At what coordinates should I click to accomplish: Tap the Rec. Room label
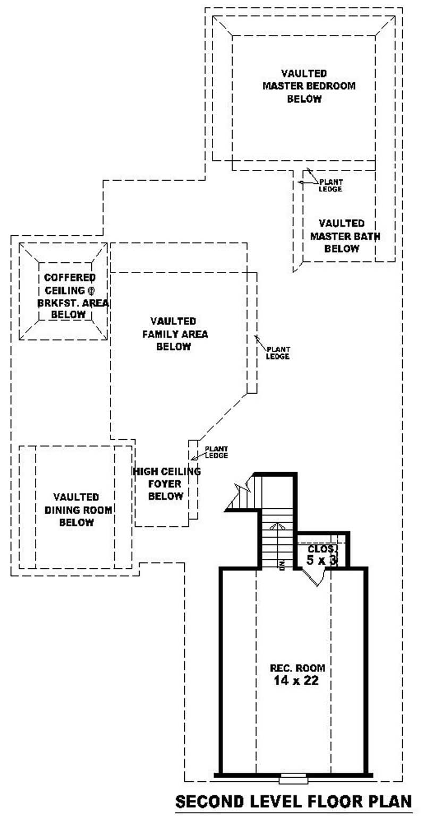297,668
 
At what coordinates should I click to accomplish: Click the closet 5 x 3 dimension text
322,559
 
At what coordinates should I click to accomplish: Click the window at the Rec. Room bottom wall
293,779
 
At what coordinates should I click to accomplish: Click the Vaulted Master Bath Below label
342,236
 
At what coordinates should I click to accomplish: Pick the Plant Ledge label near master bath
330,185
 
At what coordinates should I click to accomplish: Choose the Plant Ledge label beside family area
278,353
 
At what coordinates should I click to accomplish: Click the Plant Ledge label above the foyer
216,453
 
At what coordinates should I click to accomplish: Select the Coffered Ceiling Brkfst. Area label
69,296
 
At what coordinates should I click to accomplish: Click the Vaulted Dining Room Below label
76,510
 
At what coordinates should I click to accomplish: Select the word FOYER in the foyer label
165,484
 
